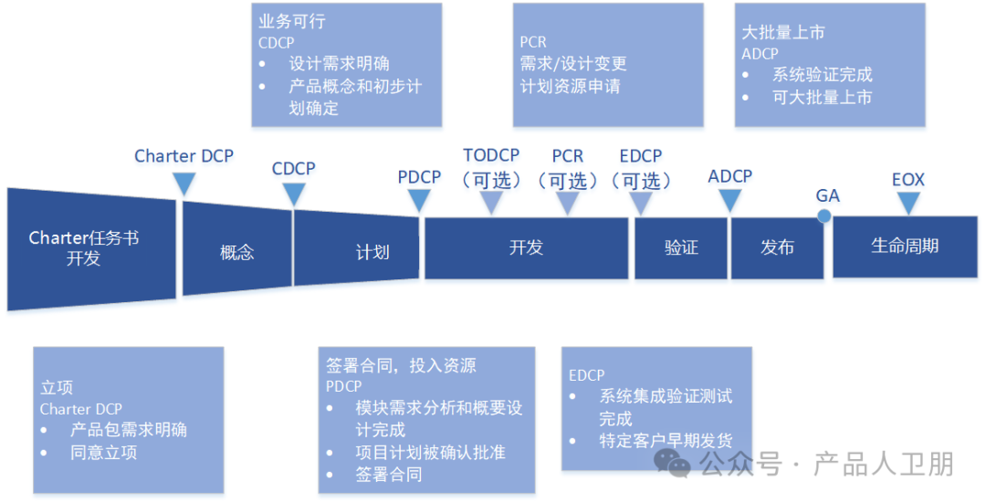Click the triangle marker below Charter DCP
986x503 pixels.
184,185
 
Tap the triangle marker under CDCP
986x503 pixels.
293,194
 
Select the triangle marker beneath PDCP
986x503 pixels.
419,201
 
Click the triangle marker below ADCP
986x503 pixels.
729,200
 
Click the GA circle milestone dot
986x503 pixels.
824,216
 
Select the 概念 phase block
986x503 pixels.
237,252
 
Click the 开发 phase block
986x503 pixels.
526,247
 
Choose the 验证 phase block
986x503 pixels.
681,247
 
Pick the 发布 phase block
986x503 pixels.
777,247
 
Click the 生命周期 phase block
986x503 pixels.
905,246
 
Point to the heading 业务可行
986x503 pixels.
292,22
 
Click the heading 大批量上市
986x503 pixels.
783,32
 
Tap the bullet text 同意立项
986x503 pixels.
103,452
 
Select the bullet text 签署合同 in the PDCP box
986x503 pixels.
388,474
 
